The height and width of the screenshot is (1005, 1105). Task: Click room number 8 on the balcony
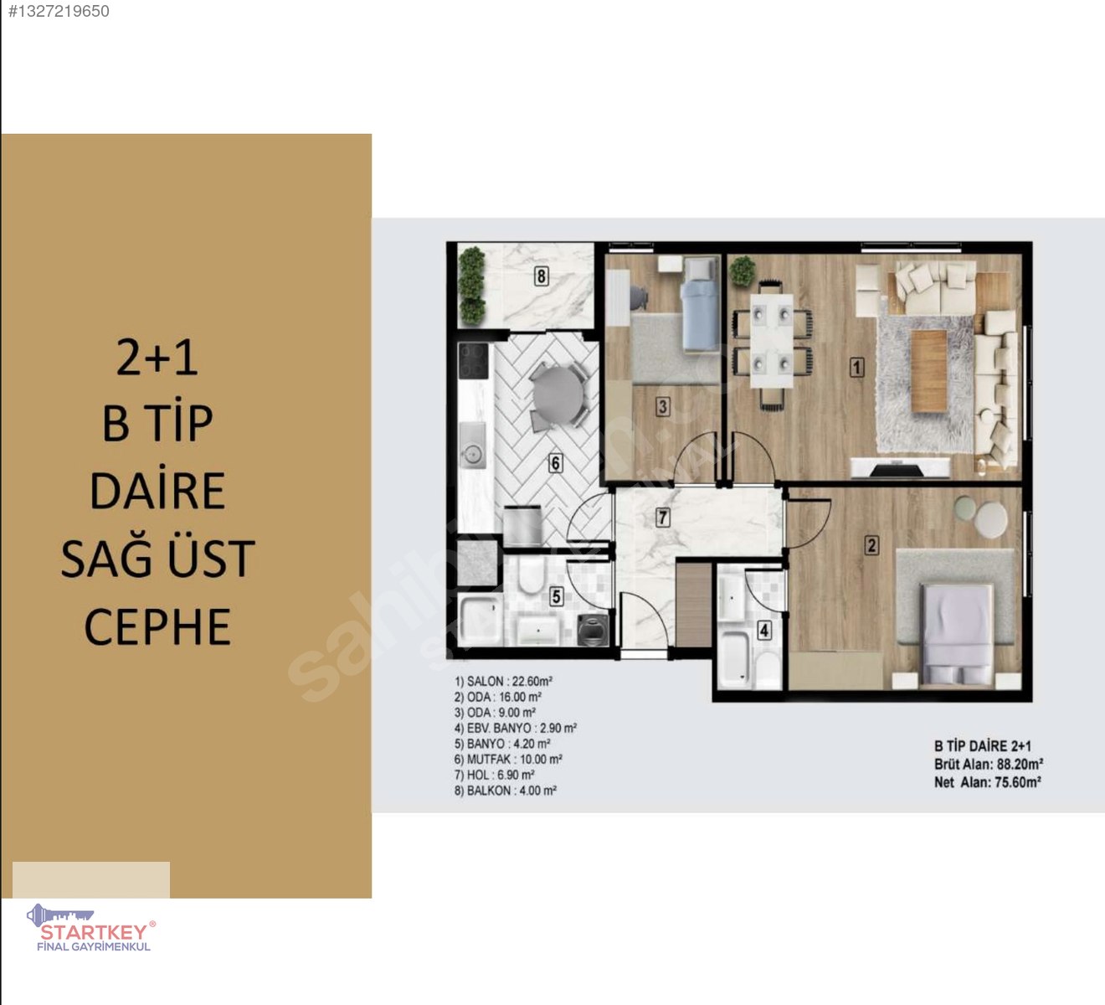point(541,276)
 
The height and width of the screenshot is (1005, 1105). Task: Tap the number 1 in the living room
point(856,367)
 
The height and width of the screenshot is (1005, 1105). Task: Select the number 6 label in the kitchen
point(555,463)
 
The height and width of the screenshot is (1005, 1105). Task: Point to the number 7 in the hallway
point(663,517)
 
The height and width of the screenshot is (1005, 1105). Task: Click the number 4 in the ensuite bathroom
point(764,630)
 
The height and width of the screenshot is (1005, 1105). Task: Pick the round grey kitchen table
point(557,395)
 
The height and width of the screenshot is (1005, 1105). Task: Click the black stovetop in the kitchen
point(473,361)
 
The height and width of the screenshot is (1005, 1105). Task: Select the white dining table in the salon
point(772,341)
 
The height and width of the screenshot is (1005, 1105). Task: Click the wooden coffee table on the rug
point(928,371)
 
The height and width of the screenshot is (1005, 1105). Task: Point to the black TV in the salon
point(896,471)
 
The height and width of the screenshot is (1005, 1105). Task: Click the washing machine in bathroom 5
point(593,630)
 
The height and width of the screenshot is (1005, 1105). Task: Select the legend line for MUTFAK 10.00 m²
point(508,759)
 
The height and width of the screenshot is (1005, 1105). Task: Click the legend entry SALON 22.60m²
point(503,682)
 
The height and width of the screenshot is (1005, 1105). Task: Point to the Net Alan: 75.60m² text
point(987,781)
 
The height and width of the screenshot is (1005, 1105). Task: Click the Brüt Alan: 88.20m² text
point(988,764)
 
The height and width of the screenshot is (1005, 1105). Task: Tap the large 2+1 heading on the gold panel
point(157,358)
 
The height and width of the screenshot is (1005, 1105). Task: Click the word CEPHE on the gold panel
point(157,626)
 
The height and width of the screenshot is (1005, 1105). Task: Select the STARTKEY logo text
point(95,931)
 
